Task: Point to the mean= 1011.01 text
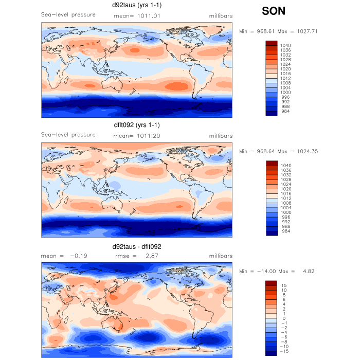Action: [136, 16]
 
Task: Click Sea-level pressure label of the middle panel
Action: [68, 135]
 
